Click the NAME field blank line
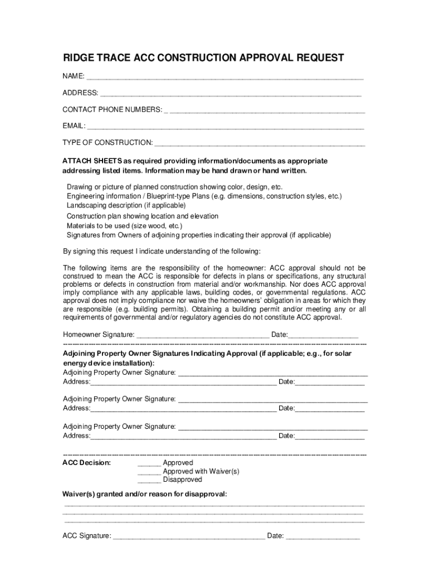point(225,77)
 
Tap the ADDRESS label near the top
point(80,93)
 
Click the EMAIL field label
point(74,126)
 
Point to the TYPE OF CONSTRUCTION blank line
point(260,144)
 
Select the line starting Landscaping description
point(126,206)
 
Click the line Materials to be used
point(124,226)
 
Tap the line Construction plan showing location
point(143,216)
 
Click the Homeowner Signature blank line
point(203,336)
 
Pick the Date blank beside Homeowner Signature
point(323,336)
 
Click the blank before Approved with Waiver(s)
point(149,472)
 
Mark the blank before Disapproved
point(149,480)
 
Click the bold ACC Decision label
point(86,463)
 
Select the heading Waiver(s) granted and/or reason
point(145,494)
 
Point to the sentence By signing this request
point(162,251)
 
